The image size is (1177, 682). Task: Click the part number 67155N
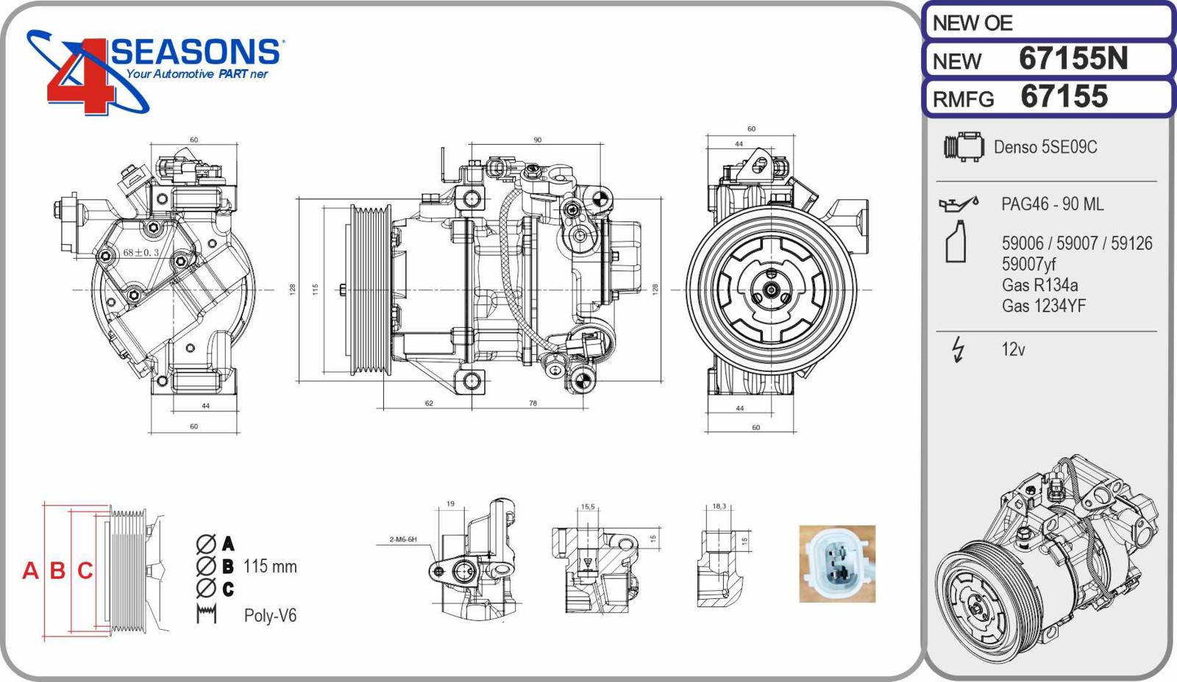1073,58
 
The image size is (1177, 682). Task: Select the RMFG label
963,99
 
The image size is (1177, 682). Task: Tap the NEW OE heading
972,23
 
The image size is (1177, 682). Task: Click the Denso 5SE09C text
1045,147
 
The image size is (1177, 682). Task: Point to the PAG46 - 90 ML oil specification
1052,204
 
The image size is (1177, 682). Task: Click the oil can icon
959,204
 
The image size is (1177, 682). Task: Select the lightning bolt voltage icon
959,350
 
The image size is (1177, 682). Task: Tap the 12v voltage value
1013,350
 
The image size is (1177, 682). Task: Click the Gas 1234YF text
1044,306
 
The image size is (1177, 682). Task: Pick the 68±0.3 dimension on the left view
141,253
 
